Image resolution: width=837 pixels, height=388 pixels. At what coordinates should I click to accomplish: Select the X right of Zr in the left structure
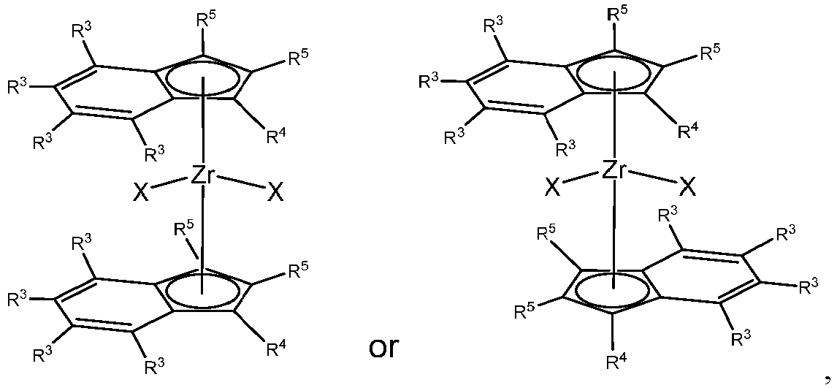point(275,192)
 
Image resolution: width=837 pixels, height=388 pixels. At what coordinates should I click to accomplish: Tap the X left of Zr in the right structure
point(553,188)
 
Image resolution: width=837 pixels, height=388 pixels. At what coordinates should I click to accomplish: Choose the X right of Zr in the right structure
point(688,188)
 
